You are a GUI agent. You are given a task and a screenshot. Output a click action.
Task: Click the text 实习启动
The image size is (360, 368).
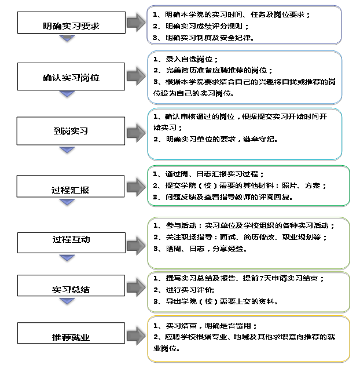coord(227,20)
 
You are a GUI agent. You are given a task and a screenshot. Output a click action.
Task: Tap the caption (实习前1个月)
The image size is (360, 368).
coord(227,42)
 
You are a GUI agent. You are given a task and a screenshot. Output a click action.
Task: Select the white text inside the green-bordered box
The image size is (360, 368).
coord(185,197)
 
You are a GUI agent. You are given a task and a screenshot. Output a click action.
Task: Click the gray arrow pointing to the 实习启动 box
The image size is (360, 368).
coord(135,23)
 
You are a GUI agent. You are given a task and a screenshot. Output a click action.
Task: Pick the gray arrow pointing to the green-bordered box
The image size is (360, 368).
coord(135,187)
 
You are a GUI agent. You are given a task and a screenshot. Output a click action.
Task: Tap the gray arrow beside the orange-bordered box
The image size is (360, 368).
coord(135,336)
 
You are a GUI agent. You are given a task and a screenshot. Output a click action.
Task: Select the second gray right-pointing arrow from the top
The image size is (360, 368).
coord(135,76)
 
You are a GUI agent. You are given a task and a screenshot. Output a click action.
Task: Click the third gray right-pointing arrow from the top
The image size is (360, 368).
coord(135,133)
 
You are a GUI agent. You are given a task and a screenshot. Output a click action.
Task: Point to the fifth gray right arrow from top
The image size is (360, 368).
coord(135,246)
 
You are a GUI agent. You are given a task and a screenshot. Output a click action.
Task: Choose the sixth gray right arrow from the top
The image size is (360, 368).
coord(135,288)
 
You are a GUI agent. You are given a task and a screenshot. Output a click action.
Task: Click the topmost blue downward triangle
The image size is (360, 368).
coord(67,38)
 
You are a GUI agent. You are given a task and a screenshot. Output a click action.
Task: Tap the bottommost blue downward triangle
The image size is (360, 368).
coord(67,300)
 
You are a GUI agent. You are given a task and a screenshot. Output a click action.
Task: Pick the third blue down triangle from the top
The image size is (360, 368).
coord(67,150)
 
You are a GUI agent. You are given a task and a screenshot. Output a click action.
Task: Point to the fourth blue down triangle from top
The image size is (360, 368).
coord(67,202)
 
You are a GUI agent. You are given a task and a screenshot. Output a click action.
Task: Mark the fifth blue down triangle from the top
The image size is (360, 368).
coord(67,257)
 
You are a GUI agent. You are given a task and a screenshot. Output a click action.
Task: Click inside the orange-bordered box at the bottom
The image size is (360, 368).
coord(248,338)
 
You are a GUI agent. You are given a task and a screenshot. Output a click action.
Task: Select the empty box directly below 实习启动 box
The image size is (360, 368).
coord(244,77)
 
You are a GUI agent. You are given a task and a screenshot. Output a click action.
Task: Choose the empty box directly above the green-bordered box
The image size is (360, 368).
coord(244,133)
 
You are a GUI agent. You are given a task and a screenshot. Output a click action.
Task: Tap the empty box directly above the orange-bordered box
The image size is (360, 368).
coord(248,292)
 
